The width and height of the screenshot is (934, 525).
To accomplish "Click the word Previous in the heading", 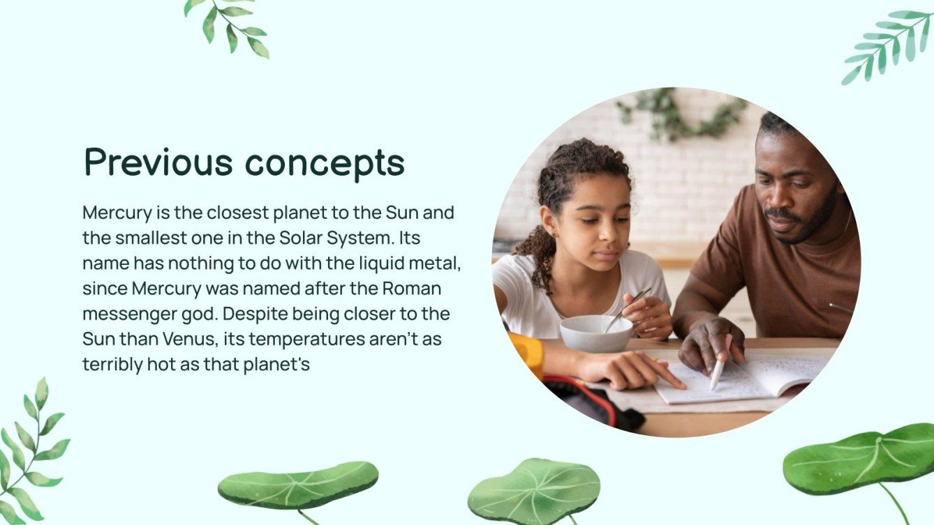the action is click(158, 162).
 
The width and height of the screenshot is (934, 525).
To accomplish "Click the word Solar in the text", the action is click(301, 238).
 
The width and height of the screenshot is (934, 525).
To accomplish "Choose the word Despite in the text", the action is click(255, 314).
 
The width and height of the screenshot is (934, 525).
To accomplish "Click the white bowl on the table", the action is click(596, 333).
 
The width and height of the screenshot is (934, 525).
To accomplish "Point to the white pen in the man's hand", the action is click(720, 363).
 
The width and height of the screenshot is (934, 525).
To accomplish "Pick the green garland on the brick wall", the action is click(680, 114).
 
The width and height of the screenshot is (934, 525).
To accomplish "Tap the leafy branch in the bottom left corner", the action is click(31, 454).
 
